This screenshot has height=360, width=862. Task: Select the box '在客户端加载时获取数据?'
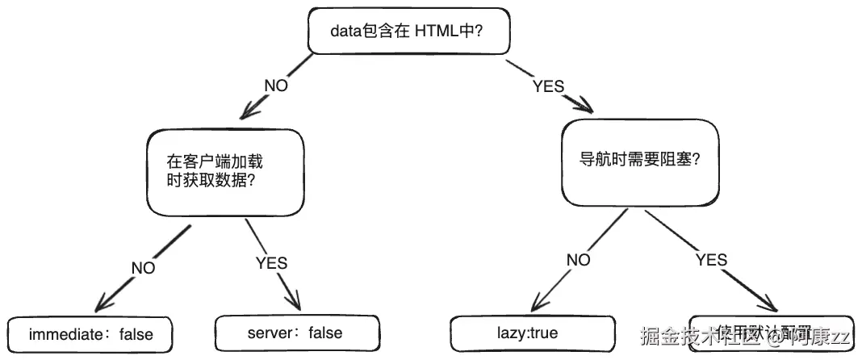pos(225,171)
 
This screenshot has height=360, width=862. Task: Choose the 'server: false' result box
pos(296,332)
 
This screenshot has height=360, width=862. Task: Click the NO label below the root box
pos(276,85)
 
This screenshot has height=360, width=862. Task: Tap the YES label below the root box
pos(548,86)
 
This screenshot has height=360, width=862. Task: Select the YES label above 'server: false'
pos(271,262)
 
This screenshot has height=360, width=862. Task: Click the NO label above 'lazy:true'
pos(578,260)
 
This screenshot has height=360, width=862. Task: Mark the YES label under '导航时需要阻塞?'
pos(710,260)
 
